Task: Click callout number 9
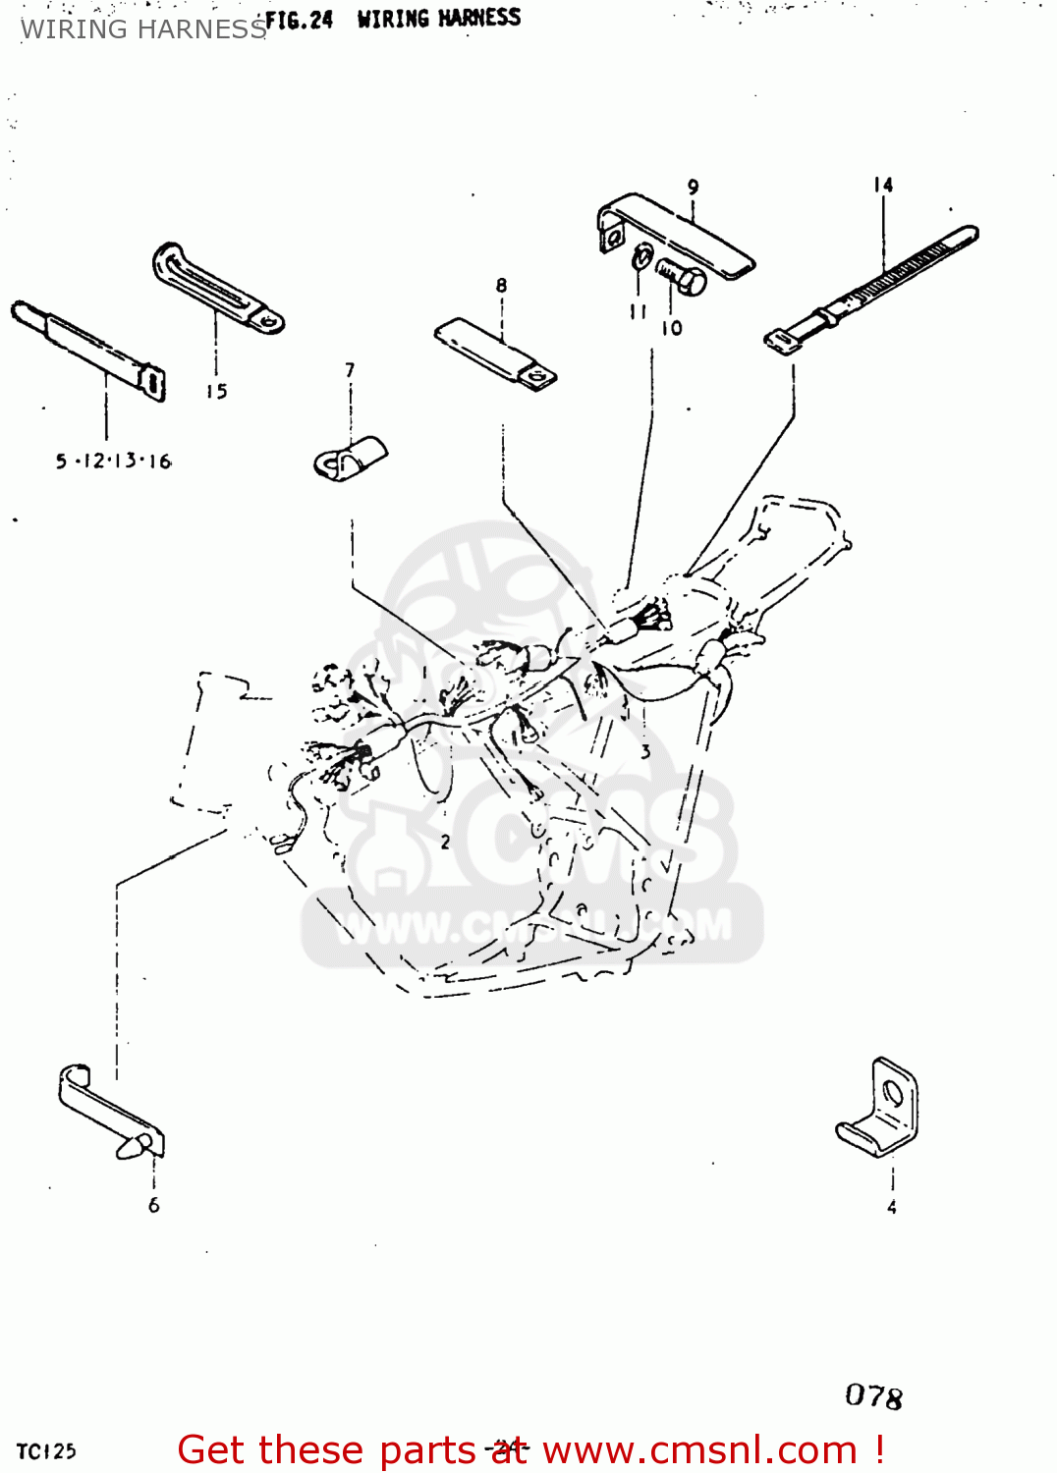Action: tap(693, 187)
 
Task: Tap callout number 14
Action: tap(883, 185)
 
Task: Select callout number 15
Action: tap(216, 392)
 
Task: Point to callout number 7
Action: tap(350, 370)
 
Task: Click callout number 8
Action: tap(501, 286)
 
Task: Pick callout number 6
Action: tap(153, 1205)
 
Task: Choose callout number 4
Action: tap(891, 1207)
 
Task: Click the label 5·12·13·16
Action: tap(113, 461)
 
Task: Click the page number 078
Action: tap(873, 1395)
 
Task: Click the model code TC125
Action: tap(46, 1451)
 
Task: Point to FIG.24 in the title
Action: tap(300, 20)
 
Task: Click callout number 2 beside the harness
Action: tap(445, 842)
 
